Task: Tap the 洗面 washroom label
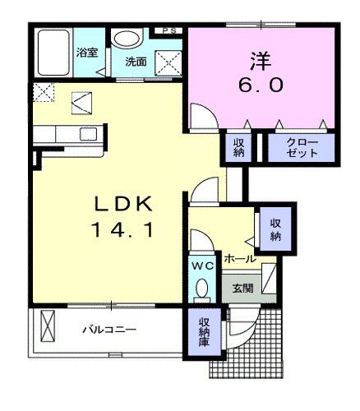[x=136, y=62]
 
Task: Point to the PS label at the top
[x=169, y=30]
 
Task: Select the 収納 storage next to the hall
[x=275, y=230]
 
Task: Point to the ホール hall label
[x=240, y=258]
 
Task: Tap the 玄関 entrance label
[x=242, y=288]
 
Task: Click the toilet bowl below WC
[x=201, y=289]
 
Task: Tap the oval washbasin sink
[x=127, y=40]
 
